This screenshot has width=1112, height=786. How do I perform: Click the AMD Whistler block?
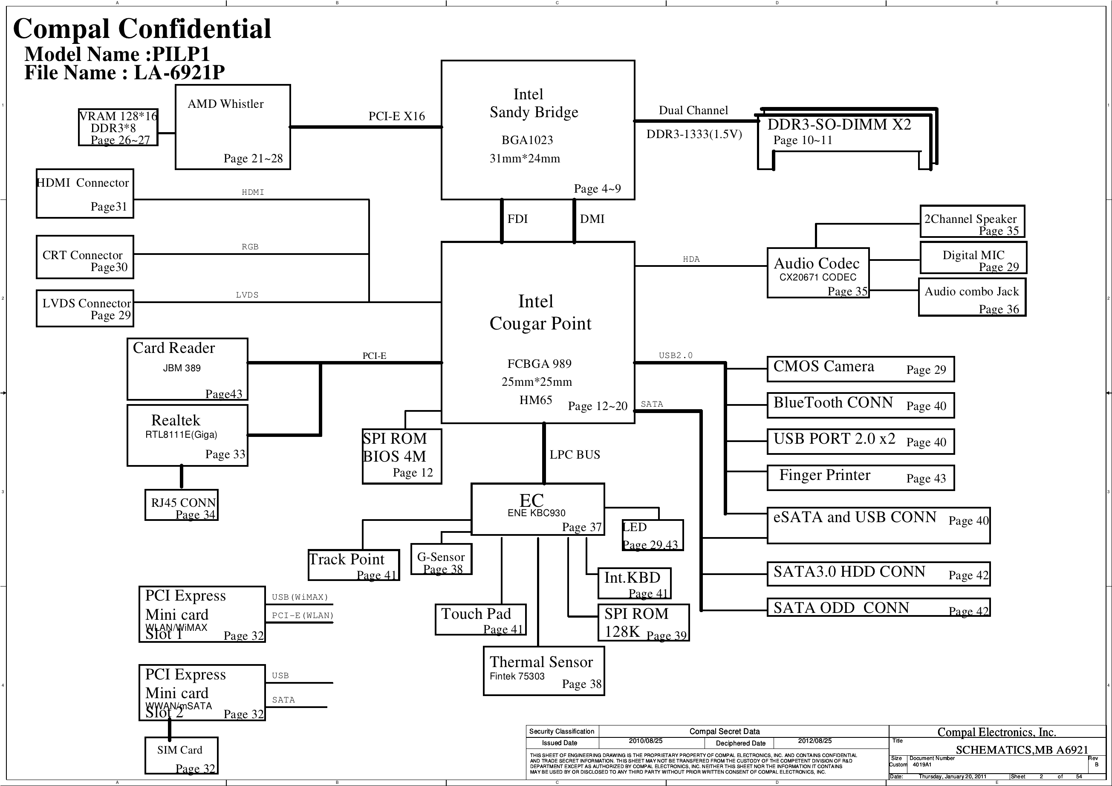[x=232, y=127]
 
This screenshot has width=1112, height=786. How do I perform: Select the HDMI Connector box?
[x=85, y=193]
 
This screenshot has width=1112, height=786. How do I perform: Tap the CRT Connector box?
[x=85, y=257]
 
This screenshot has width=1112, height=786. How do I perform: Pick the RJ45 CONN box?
[x=182, y=505]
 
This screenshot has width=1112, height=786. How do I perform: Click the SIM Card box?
[x=182, y=755]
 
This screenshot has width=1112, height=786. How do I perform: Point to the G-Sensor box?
[x=441, y=559]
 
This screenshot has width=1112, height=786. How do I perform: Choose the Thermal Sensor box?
[x=544, y=671]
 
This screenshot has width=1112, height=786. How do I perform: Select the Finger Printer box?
[x=861, y=478]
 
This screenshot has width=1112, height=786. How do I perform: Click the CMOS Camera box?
[x=861, y=369]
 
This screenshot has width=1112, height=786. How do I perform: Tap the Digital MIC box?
[x=973, y=257]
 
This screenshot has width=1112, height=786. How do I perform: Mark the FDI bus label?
[x=517, y=219]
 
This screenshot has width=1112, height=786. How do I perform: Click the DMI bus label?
[x=592, y=219]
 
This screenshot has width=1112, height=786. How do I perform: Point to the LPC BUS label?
[x=575, y=455]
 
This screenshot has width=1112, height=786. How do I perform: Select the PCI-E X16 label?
[x=397, y=116]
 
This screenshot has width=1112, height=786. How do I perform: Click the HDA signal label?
[x=691, y=259]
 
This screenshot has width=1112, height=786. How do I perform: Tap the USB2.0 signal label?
[x=676, y=355]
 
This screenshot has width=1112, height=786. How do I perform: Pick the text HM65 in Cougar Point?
[x=536, y=400]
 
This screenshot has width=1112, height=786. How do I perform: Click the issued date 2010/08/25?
[x=646, y=741]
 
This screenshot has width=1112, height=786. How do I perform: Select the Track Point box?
[x=354, y=565]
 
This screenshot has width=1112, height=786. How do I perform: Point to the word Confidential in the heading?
[x=195, y=29]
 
